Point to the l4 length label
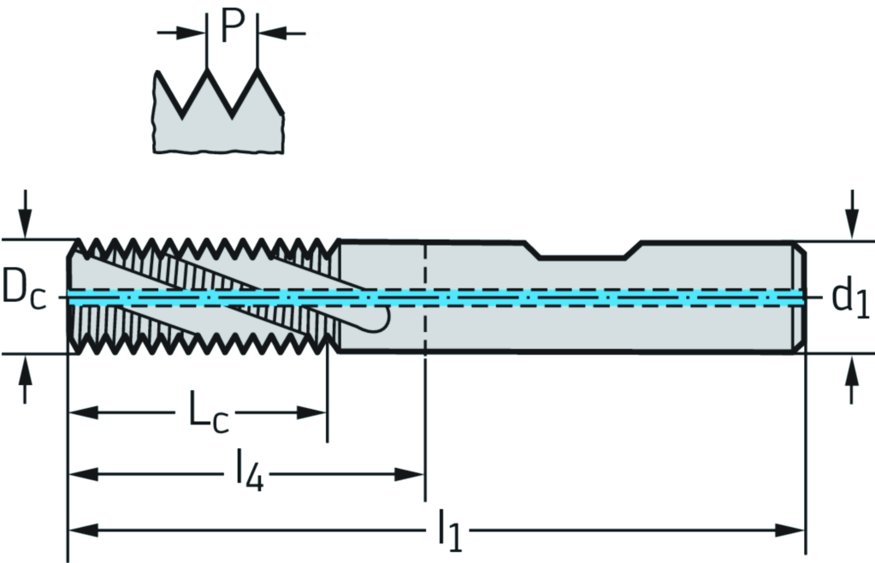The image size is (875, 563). [x=249, y=473]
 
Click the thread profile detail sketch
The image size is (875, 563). [x=219, y=116]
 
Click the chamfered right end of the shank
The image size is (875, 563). [x=800, y=297]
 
